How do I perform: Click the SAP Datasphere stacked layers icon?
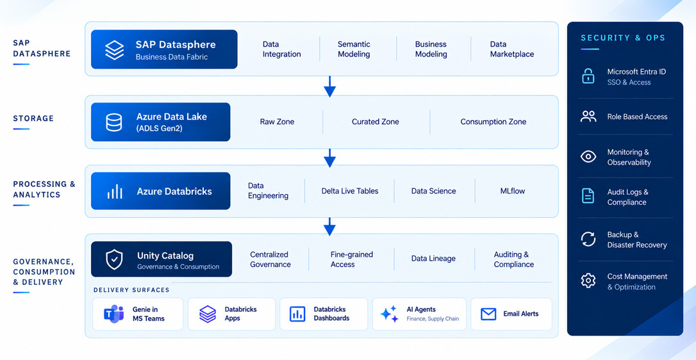point(115,50)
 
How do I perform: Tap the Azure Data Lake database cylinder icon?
point(114,122)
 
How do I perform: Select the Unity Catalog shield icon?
point(114,259)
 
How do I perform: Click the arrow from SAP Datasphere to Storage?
point(329,86)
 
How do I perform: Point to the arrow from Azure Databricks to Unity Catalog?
point(329,226)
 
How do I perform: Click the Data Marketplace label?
point(512,49)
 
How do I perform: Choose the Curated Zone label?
point(375,122)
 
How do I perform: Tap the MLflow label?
point(512,191)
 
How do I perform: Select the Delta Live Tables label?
point(350,191)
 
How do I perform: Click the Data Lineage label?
point(433,258)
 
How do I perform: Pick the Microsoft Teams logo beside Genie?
point(113,314)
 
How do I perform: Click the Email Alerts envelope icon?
point(488,314)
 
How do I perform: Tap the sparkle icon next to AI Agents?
point(389,314)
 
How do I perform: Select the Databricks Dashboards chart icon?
point(297,314)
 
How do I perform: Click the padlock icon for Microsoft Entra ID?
point(588,76)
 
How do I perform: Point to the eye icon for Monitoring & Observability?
point(588,157)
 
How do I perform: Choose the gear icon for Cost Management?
point(588,281)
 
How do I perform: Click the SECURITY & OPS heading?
point(623,38)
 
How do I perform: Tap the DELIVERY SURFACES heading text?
point(131,290)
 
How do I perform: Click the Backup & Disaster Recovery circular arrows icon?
point(588,240)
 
